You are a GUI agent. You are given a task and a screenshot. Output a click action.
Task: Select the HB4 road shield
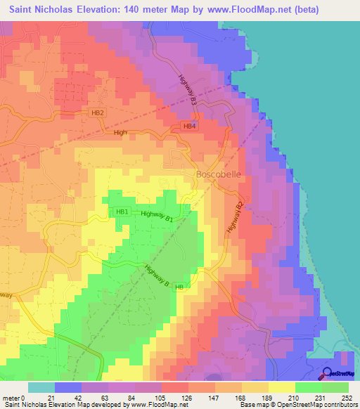click(189, 126)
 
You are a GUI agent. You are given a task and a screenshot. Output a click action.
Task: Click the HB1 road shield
click(122, 212)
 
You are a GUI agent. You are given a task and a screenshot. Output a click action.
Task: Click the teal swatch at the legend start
click(41, 387)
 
